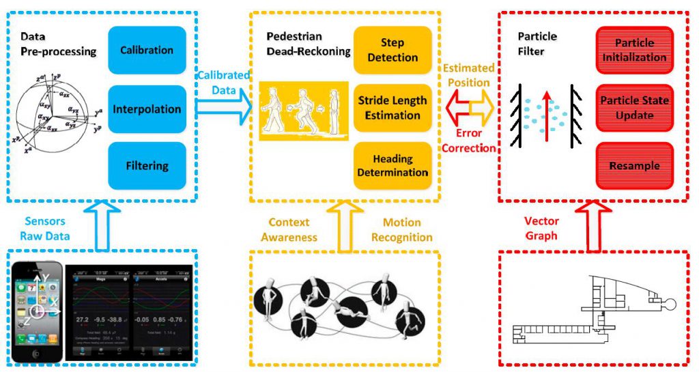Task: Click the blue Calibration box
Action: click(147, 50)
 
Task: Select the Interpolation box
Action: click(147, 109)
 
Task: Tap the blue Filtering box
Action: click(147, 165)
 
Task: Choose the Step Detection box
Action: click(393, 50)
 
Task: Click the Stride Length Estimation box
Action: click(393, 108)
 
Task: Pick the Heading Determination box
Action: click(393, 166)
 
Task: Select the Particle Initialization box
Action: click(635, 50)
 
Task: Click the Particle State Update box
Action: click(635, 108)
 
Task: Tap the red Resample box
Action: click(635, 166)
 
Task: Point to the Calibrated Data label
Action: click(224, 81)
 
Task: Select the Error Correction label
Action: click(468, 141)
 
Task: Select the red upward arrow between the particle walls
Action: click(545, 109)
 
